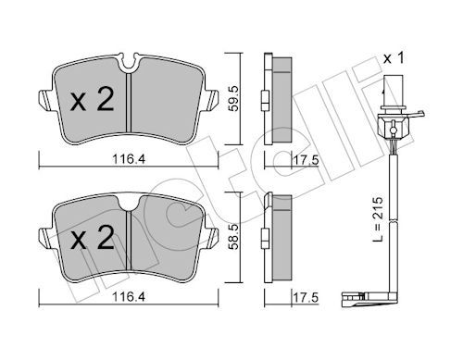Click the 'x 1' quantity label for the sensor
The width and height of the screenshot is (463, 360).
[x=396, y=58]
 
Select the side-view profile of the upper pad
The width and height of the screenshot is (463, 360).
[x=277, y=97]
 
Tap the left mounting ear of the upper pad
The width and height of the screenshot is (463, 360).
[x=43, y=97]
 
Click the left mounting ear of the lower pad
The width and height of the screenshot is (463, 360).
[x=43, y=236]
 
